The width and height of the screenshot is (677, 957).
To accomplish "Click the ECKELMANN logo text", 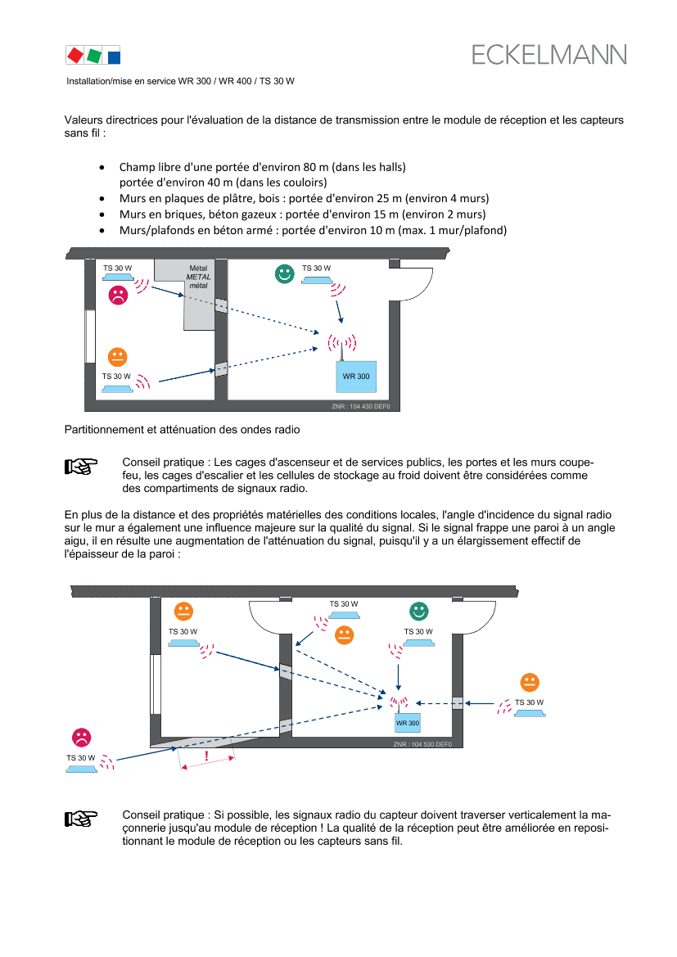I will pyautogui.click(x=549, y=55).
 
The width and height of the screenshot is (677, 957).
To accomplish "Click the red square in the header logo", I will pyautogui.click(x=74, y=55).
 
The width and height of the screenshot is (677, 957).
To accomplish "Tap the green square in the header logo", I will pyautogui.click(x=94, y=56).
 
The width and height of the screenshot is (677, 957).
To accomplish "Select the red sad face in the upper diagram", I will pyautogui.click(x=119, y=296).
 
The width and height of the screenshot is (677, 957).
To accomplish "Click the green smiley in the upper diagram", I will pyautogui.click(x=284, y=274).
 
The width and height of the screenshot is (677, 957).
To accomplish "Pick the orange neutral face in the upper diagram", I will pyautogui.click(x=119, y=356).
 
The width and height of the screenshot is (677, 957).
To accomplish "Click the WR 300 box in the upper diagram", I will pyautogui.click(x=356, y=376).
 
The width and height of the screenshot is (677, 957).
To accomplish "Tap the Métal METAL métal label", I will pyautogui.click(x=199, y=277).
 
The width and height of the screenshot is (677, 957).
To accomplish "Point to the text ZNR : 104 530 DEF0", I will pyautogui.click(x=422, y=744).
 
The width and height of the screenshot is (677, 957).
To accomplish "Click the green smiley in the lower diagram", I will pyautogui.click(x=419, y=611).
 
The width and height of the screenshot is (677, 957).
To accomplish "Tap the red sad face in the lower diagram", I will pyautogui.click(x=82, y=737).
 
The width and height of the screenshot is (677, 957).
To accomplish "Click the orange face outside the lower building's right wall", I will pyautogui.click(x=530, y=682).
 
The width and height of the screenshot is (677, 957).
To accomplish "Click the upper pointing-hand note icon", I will pyautogui.click(x=81, y=467).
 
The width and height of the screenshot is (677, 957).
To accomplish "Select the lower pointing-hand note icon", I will pyautogui.click(x=81, y=818).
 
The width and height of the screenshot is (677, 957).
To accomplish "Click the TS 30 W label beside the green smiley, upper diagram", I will pyautogui.click(x=317, y=268).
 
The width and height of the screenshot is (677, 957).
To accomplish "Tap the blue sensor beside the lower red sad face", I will pyautogui.click(x=80, y=770).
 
